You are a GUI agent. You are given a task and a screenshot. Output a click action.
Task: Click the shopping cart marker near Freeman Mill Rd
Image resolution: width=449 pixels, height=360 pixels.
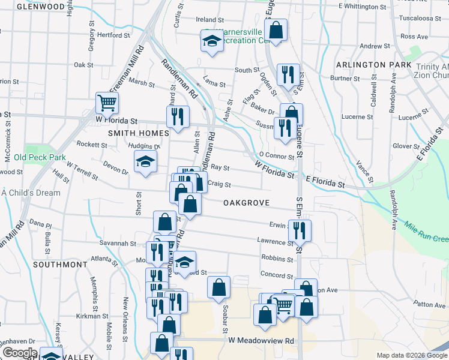coord(107,102)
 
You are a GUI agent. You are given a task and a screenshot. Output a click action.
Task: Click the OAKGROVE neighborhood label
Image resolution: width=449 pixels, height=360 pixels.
coord(246,203)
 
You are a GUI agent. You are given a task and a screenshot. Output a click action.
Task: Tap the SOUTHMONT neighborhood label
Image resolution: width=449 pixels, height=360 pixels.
coord(60,264)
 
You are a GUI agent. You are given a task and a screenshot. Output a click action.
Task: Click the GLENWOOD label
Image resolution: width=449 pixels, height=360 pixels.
coord(41,7)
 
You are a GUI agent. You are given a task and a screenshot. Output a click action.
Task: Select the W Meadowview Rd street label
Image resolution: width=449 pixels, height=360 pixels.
coord(262,340)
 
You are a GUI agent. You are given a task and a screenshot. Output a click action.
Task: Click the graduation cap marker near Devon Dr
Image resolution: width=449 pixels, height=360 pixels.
coord(145,162)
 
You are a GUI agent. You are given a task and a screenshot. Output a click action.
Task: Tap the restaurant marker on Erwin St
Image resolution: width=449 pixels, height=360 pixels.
coord(299,230)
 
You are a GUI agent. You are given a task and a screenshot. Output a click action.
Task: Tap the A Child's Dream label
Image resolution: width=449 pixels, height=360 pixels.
coord(31,193)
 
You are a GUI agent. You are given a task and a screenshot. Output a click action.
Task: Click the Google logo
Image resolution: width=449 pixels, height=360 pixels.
coord(19,353)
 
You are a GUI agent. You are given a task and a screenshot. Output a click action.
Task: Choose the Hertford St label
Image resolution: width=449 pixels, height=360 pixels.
coord(113,35)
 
